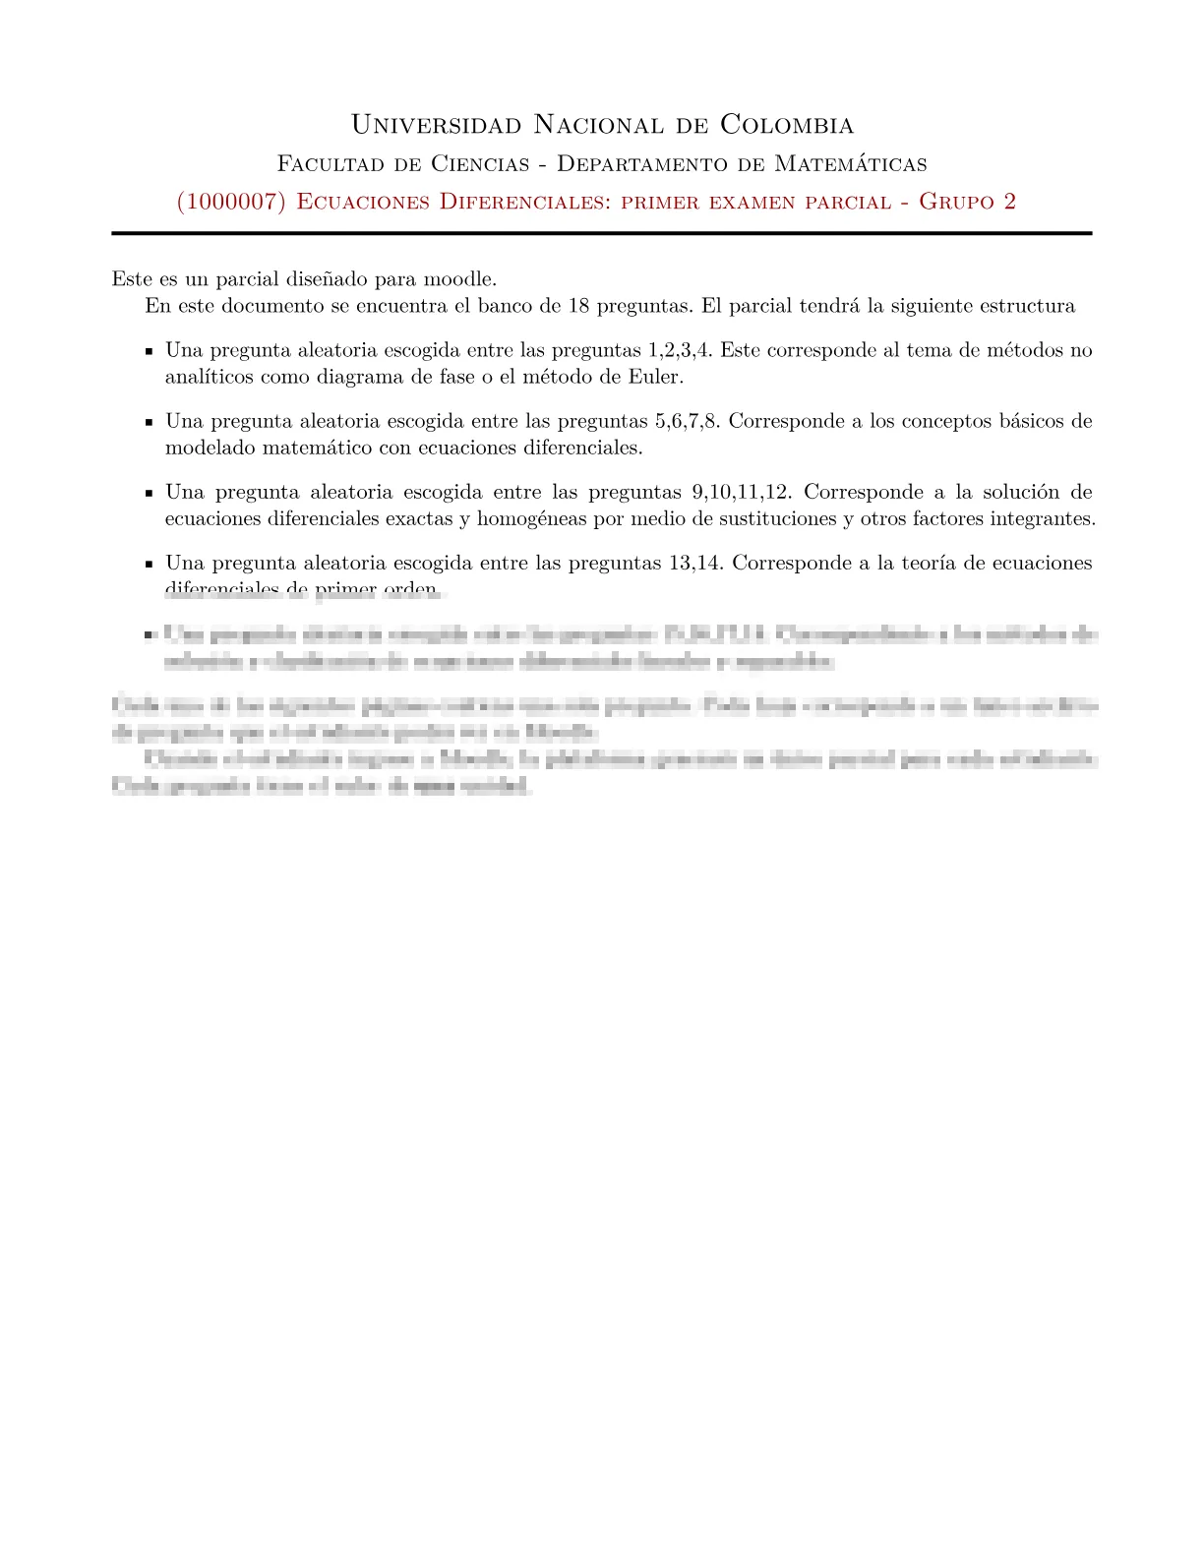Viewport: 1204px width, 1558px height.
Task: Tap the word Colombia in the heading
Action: coord(787,125)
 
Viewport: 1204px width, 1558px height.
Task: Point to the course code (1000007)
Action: coord(231,202)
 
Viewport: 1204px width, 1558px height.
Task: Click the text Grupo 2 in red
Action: coord(967,202)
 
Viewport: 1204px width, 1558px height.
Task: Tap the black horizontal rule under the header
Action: coord(602,233)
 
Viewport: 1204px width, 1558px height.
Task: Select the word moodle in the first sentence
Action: coord(457,278)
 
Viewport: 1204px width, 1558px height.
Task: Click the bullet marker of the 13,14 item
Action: coord(149,565)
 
